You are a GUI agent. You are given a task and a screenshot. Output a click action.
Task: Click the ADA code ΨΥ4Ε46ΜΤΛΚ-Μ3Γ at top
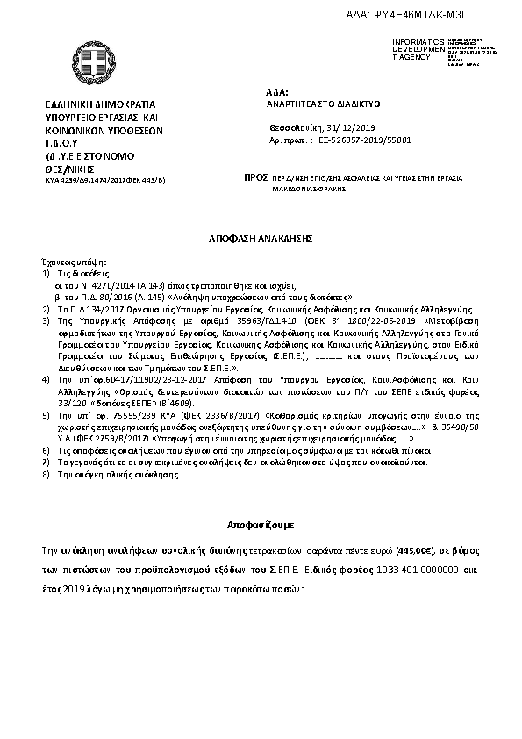point(436,16)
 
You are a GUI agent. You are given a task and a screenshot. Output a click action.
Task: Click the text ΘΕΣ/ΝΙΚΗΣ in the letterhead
point(68,164)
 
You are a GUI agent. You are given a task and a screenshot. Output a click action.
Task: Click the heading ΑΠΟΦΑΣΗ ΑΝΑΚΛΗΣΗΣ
point(261,238)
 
